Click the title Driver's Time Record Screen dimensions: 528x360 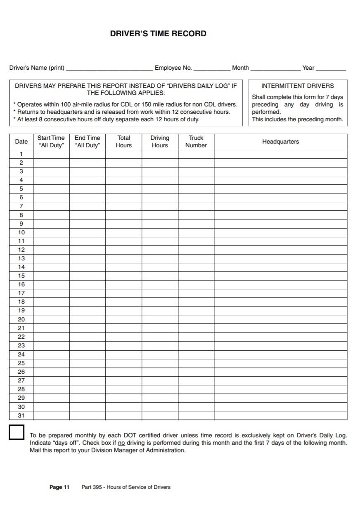tap(158, 34)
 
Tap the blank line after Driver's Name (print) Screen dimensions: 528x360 tap(109, 68)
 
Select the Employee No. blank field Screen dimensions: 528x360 tap(212, 68)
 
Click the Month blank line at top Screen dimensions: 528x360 tap(275, 68)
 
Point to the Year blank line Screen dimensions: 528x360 tap(331, 68)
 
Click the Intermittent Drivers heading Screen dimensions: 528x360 tap(297, 86)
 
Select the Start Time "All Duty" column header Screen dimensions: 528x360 tap(51, 141)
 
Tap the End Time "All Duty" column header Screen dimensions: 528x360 tap(87, 141)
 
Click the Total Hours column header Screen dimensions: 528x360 tap(123, 141)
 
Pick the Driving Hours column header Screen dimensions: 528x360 tap(160, 141)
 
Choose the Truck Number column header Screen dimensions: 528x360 tap(196, 141)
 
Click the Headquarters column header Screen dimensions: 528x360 tap(280, 141)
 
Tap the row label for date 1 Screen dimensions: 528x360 tap(21, 154)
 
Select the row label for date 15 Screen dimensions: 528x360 tap(21, 276)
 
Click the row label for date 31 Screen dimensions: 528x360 tap(21, 415)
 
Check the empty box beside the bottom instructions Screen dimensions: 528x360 tap(17, 432)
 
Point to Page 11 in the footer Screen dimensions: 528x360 tap(59, 487)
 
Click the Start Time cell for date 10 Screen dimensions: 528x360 tap(51, 232)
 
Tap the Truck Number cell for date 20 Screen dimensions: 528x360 tap(196, 319)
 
